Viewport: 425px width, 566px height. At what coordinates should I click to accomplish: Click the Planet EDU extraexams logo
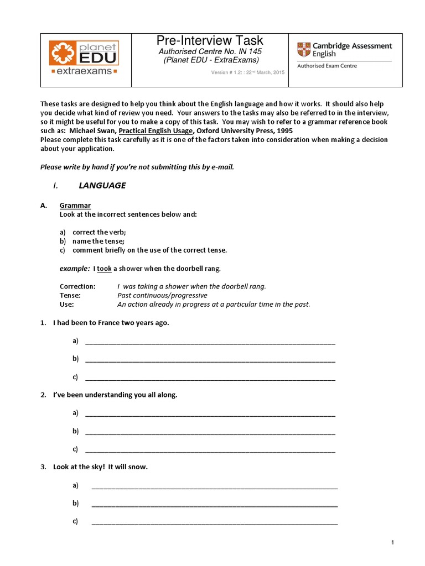84,57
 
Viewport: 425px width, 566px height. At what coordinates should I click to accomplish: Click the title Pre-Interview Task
210,40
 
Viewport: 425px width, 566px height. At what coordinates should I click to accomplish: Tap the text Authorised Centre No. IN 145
210,51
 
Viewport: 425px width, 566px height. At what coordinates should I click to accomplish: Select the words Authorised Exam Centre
327,66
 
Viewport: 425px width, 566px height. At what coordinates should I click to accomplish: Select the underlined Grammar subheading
75,206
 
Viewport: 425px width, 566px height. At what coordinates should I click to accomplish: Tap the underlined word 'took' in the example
104,269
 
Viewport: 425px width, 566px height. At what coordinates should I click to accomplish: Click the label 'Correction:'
77,286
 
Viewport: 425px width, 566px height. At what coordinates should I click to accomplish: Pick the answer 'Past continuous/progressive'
155,295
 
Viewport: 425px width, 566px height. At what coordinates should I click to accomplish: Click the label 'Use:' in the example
66,304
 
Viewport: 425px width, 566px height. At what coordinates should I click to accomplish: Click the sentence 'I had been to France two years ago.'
111,323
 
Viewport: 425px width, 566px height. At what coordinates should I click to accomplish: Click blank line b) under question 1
210,359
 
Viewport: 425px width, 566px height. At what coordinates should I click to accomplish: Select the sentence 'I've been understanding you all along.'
115,395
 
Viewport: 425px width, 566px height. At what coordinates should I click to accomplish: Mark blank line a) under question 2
210,413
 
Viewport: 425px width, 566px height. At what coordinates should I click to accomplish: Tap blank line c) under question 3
214,522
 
